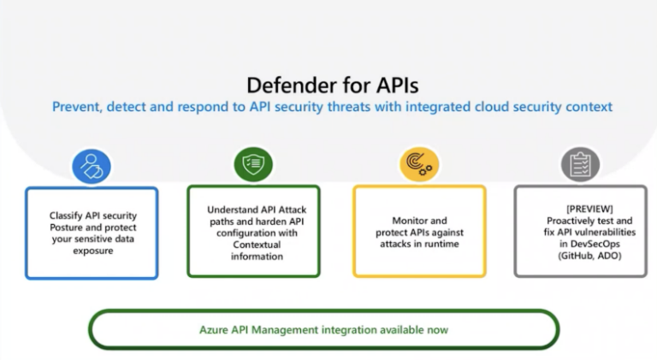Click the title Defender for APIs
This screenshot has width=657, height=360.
[x=332, y=85]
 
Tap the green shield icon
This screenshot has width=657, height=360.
[x=253, y=163]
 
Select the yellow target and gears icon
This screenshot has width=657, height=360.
[x=419, y=164]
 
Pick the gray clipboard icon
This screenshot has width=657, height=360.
[x=580, y=164]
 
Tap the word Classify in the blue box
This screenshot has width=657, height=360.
[x=65, y=215]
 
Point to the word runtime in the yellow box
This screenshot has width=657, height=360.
[x=442, y=244]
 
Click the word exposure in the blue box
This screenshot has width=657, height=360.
[x=92, y=251]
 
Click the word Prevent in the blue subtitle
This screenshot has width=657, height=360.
[x=72, y=108]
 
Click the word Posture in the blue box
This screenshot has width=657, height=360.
[x=69, y=227]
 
